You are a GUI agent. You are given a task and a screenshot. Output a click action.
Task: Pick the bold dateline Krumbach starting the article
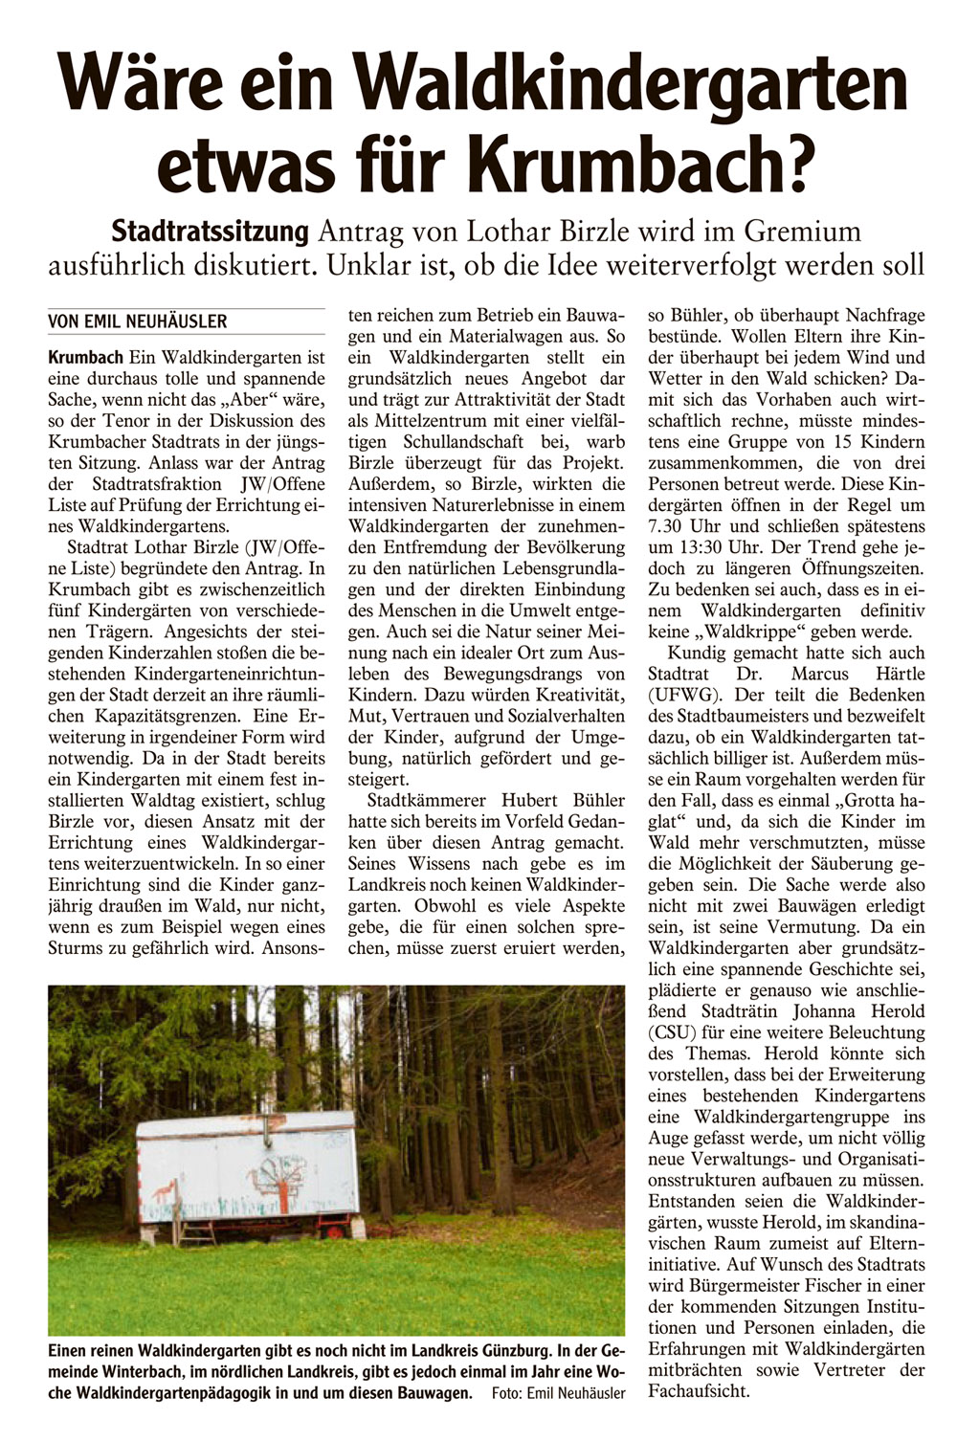[85, 358]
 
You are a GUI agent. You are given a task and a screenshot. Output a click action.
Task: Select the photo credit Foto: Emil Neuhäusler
[558, 1393]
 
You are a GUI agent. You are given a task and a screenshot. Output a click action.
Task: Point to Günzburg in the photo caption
[506, 1351]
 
